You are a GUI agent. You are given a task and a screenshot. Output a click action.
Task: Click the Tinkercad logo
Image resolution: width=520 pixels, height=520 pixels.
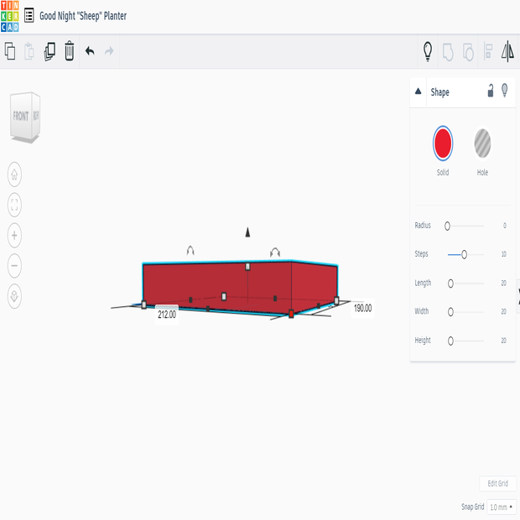click(x=10, y=16)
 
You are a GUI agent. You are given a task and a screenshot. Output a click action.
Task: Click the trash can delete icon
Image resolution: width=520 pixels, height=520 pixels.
click(x=70, y=51)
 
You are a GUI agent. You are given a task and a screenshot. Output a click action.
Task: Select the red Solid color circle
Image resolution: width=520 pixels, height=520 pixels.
click(x=443, y=143)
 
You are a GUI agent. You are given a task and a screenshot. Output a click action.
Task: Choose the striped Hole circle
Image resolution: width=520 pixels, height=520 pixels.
click(x=482, y=143)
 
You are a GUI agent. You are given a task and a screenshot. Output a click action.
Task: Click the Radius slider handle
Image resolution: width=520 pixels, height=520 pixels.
click(x=447, y=226)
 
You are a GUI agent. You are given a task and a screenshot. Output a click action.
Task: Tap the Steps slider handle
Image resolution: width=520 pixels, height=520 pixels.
click(x=464, y=254)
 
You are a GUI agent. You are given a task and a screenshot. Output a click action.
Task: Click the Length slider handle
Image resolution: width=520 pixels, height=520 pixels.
click(x=450, y=283)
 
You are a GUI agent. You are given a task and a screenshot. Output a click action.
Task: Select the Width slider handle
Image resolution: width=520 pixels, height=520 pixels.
click(x=450, y=312)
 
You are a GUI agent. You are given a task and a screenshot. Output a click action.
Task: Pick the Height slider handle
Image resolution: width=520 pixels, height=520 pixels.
click(x=450, y=341)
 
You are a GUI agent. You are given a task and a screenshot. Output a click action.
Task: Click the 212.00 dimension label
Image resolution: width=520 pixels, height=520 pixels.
click(x=167, y=315)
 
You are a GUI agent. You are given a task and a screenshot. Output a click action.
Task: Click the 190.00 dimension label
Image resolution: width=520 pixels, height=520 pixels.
click(x=362, y=308)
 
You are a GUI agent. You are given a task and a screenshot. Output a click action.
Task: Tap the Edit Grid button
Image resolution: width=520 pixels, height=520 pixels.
click(x=497, y=484)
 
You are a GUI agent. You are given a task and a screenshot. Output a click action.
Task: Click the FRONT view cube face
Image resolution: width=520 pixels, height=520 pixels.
click(x=21, y=116)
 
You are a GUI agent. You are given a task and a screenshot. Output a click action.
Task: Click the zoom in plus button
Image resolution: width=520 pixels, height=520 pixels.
click(x=14, y=235)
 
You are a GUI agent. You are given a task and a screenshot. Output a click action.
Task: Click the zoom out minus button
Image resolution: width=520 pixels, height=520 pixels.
click(x=14, y=266)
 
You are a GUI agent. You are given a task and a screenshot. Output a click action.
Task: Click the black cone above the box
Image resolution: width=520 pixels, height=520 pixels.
click(x=247, y=231)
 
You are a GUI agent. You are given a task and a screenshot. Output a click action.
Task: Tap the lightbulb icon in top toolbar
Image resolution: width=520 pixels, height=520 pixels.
click(x=427, y=51)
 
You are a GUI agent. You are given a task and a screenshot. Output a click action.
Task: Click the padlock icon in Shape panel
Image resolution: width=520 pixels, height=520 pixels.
click(x=491, y=91)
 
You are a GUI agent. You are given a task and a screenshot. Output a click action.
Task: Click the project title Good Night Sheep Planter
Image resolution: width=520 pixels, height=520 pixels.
click(x=83, y=16)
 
